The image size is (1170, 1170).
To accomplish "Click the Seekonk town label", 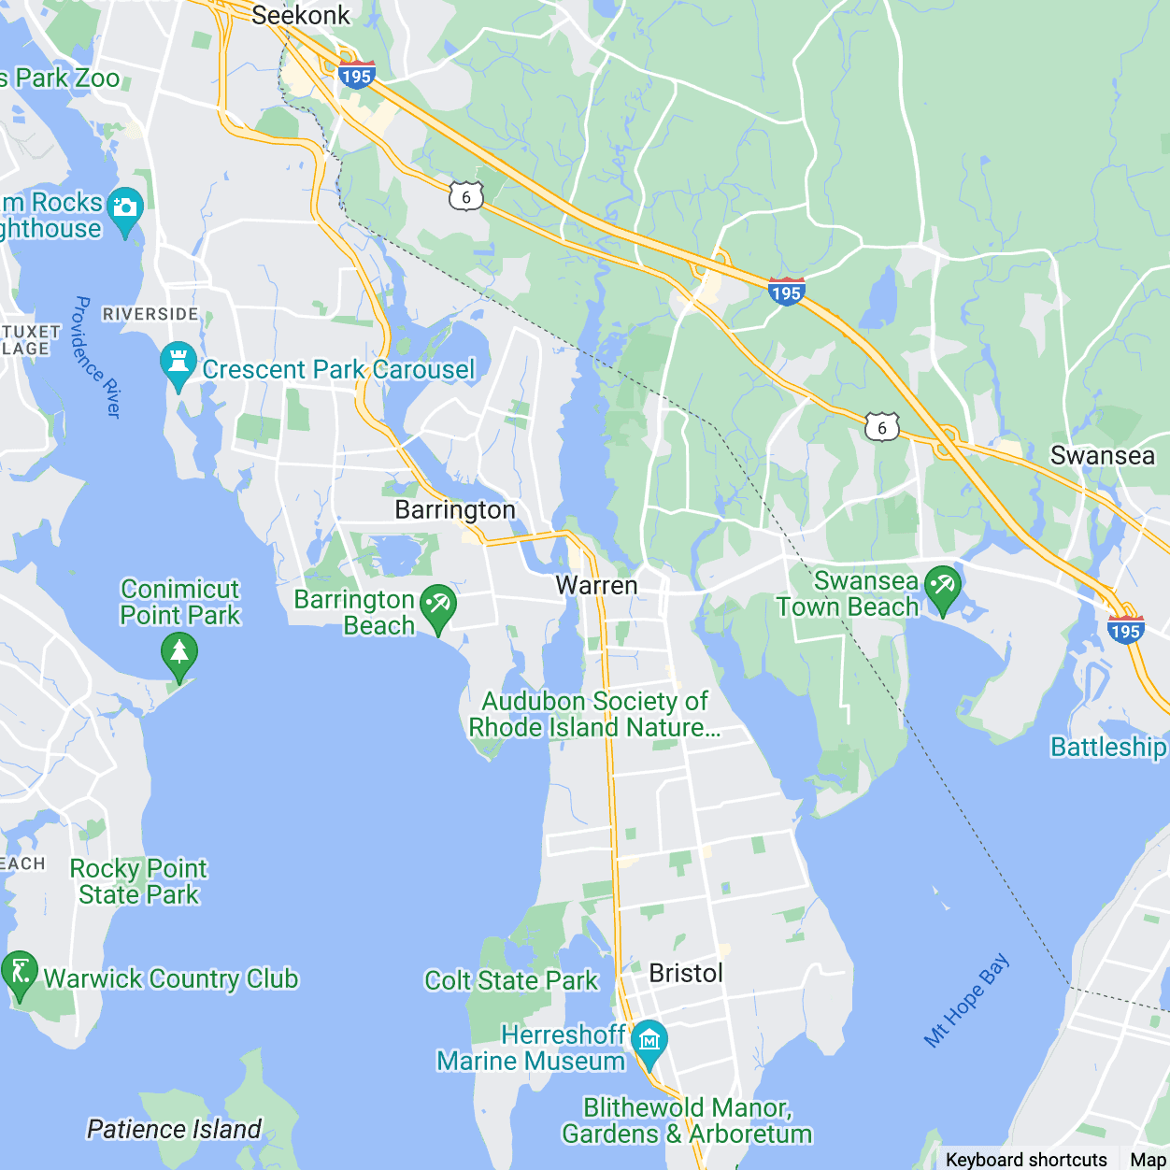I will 300,16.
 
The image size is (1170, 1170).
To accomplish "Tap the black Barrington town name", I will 455,510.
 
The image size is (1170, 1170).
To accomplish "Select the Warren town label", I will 596,586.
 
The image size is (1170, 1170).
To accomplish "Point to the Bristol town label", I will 686,974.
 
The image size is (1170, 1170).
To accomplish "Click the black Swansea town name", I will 1103,456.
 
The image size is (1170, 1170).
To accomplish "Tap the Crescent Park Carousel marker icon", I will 178,364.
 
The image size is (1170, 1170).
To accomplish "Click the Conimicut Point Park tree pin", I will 178,655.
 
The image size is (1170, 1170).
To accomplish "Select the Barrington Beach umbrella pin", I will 437,606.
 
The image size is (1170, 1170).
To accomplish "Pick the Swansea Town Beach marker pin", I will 942,589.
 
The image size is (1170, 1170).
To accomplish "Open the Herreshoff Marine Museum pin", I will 649,1042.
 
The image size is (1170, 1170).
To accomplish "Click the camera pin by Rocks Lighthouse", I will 125,210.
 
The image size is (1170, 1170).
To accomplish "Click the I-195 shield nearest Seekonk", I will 356,75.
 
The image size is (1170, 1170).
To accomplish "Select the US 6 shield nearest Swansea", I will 881,428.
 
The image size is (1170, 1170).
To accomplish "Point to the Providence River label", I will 97,357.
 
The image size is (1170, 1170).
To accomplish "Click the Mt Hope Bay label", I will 967,1000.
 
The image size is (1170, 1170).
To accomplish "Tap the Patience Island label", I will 174,1129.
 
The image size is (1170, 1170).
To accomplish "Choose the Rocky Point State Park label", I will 138,881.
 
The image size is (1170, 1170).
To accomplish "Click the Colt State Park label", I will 510,980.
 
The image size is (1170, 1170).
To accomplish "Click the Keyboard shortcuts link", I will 1025,1160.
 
